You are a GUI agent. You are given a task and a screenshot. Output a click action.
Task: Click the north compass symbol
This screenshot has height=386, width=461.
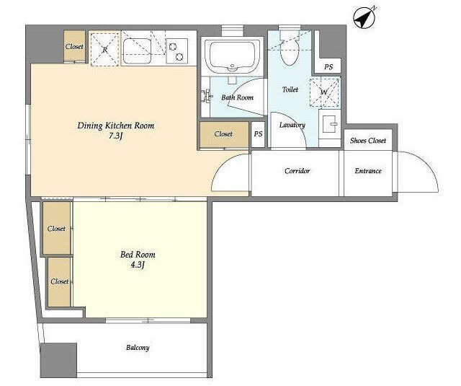[x=364, y=18]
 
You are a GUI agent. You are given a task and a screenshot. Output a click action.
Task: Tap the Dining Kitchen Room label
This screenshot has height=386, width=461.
[x=116, y=126]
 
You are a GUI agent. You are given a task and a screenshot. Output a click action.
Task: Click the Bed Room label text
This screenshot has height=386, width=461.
[x=138, y=255]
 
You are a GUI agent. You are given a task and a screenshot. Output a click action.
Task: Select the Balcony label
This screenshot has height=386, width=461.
[x=138, y=348]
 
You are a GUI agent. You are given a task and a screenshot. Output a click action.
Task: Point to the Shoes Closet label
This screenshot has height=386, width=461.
[x=368, y=141]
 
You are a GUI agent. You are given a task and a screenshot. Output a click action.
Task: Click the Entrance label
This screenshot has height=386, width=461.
[x=368, y=171]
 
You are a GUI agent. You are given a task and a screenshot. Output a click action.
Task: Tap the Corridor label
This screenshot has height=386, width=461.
[x=297, y=171]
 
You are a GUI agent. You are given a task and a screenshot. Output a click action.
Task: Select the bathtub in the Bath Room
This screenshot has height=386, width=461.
[x=232, y=56]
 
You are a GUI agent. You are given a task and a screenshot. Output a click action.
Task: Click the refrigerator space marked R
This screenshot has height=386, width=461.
[x=104, y=49]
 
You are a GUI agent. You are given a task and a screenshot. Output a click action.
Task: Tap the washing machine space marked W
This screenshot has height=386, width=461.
[x=325, y=92]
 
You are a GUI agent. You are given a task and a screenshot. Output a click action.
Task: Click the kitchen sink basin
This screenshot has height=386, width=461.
[x=137, y=51]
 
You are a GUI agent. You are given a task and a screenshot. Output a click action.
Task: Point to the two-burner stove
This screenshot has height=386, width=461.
[x=176, y=51]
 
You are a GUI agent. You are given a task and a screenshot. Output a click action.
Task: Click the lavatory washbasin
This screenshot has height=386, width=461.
[x=330, y=124]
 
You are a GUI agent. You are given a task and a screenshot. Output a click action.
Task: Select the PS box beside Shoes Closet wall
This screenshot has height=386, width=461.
[x=328, y=66]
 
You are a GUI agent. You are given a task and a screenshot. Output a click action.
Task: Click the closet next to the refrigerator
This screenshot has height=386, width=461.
[x=75, y=46]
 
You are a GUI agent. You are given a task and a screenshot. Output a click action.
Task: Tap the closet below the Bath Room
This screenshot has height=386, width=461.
[x=224, y=134]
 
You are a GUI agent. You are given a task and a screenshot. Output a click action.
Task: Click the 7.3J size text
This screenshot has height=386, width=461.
[x=115, y=136]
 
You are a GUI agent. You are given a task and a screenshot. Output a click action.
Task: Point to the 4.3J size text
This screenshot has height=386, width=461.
[x=138, y=265]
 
